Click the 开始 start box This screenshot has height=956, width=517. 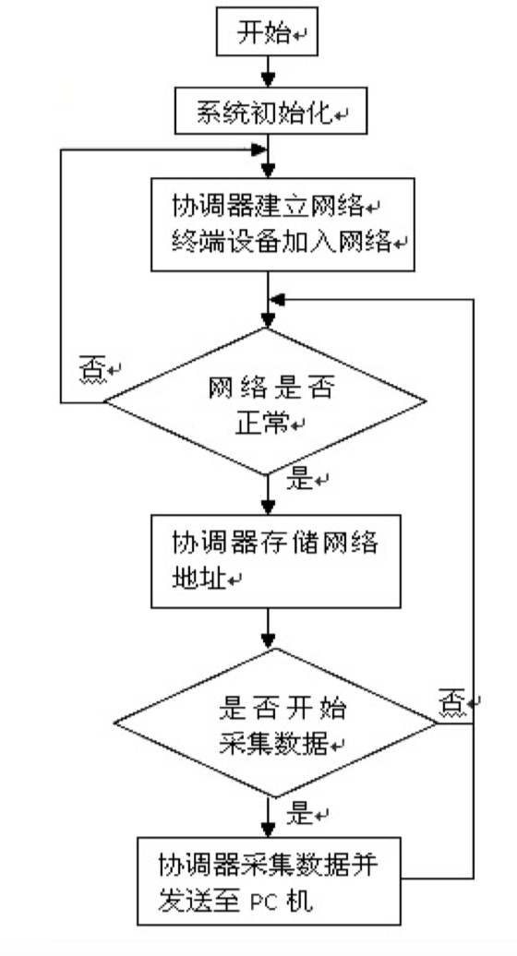pyautogui.click(x=265, y=35)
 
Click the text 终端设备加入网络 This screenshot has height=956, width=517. pyautogui.click(x=277, y=243)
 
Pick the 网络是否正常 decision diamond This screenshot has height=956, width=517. pyautogui.click(x=266, y=402)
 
